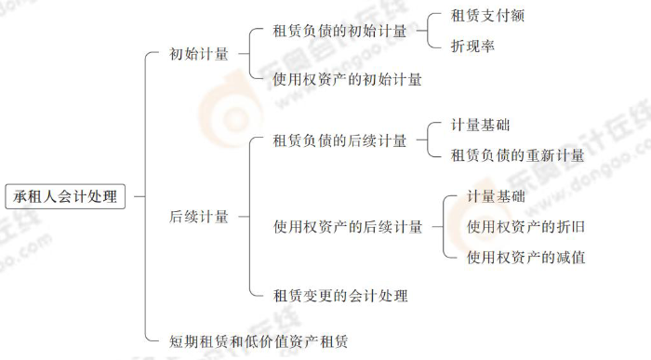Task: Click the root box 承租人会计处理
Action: point(65,196)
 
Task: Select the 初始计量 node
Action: point(199,54)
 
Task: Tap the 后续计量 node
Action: point(199,217)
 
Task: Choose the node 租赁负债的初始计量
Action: point(339,32)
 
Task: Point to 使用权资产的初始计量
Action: point(347,79)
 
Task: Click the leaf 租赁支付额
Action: point(494,16)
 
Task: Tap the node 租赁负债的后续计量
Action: point(339,140)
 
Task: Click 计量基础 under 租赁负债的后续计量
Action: point(480,125)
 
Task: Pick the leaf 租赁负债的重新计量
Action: point(517,155)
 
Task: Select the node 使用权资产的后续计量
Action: point(347,226)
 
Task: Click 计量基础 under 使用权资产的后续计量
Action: point(496,196)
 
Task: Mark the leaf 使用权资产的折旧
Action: point(525,226)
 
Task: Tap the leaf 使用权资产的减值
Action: point(525,257)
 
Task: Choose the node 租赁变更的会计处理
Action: point(339,296)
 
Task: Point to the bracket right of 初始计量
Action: point(250,54)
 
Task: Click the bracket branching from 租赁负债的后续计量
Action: point(429,140)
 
